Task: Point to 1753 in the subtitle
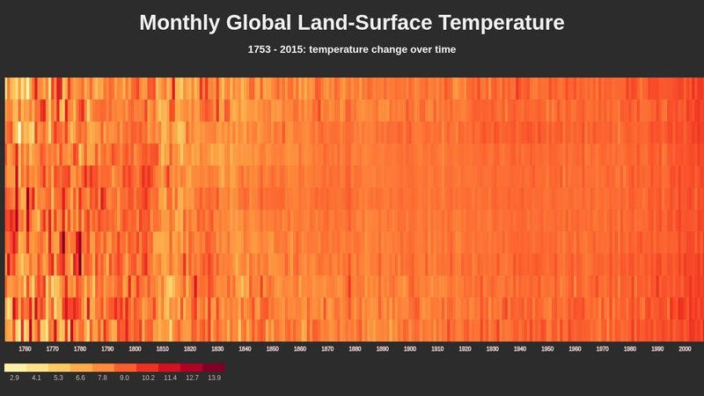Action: [261, 49]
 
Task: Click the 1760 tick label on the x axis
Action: [25, 349]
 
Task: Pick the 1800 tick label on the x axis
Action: [135, 349]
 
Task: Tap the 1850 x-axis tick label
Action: [272, 349]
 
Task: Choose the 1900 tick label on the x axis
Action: [409, 349]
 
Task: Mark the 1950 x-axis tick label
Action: [547, 349]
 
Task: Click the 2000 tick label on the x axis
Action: [685, 349]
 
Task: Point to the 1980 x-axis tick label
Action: [629, 349]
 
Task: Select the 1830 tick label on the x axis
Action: [217, 349]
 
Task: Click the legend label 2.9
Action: [15, 378]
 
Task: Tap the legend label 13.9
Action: [214, 378]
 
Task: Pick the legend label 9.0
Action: [125, 378]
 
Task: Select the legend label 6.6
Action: [81, 378]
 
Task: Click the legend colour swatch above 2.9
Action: [15, 367]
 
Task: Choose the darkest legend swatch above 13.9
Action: [214, 367]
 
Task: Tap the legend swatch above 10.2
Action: [147, 367]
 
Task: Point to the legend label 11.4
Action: [170, 378]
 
